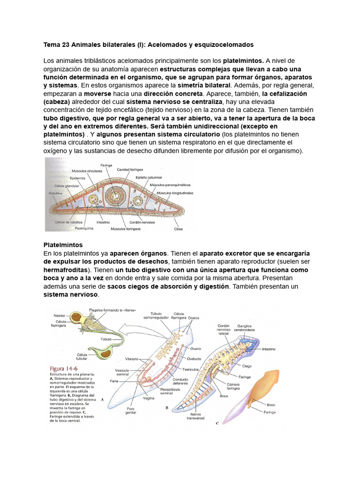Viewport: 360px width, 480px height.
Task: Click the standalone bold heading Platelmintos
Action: [x=63, y=245]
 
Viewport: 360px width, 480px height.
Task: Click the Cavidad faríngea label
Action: [x=130, y=169]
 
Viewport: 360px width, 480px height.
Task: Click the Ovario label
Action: [x=195, y=348]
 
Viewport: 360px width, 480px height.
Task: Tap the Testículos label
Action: [x=190, y=369]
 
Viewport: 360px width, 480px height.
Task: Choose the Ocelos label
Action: [x=194, y=317]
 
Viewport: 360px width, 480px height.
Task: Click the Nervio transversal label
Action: [x=195, y=416]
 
